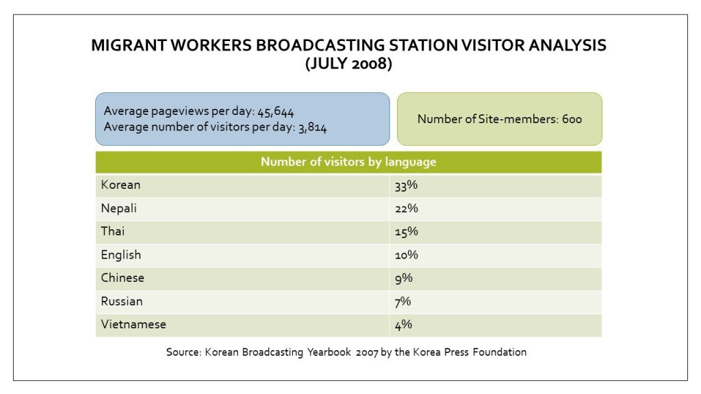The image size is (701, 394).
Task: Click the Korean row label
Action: tap(120, 185)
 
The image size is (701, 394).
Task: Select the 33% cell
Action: tap(406, 185)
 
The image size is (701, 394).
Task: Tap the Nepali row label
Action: tap(118, 209)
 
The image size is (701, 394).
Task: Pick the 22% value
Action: tap(406, 209)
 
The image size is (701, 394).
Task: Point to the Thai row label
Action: tap(112, 232)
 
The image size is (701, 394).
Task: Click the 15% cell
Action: tap(406, 232)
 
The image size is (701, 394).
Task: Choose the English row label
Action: tap(120, 255)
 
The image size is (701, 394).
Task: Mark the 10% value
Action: tap(406, 255)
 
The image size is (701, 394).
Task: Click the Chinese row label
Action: tap(122, 278)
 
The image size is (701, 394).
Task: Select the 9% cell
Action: tap(403, 278)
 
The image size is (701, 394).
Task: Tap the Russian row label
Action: tap(121, 302)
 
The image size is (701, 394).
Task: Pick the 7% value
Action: tap(403, 302)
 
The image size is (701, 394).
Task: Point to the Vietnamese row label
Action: tap(133, 325)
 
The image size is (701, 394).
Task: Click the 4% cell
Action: tap(403, 325)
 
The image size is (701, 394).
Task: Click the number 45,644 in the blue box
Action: tap(275, 111)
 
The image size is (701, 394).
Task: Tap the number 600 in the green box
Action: tap(571, 119)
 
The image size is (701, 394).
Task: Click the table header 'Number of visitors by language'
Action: tap(348, 162)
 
